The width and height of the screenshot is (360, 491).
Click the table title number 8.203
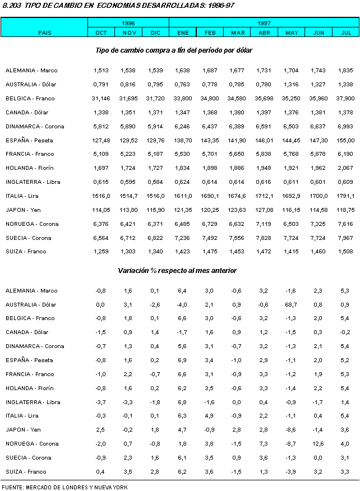tap(12, 5)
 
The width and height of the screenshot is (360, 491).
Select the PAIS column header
tap(44, 33)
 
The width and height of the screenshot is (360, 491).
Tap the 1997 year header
tap(264, 23)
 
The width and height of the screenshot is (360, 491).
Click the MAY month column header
tap(292, 33)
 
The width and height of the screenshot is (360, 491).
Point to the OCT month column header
tap(101, 33)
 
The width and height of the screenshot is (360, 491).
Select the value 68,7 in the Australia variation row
tap(292, 304)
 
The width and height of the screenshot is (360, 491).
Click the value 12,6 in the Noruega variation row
tap(319, 444)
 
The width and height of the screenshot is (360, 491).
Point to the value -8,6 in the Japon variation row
tap(292, 430)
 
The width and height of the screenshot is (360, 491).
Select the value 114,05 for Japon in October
tap(101, 210)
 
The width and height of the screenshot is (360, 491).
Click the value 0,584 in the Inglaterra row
tap(155, 182)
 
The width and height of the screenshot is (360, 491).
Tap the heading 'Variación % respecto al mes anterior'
tap(177, 271)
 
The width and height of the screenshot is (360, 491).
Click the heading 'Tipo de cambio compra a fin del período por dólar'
tap(174, 50)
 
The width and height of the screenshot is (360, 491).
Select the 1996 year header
tap(128, 23)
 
